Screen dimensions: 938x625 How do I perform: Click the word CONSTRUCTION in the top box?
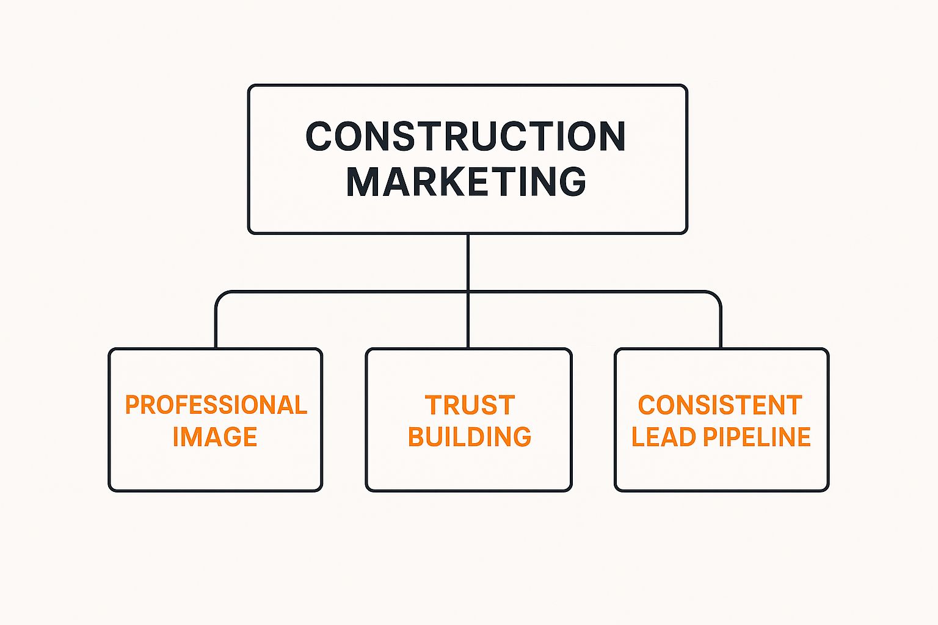pyautogui.click(x=465, y=136)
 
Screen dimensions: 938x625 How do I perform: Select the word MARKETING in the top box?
pyautogui.click(x=466, y=181)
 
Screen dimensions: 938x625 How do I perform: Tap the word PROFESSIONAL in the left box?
pyautogui.click(x=216, y=405)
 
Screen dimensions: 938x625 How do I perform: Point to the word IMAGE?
pyautogui.click(x=215, y=437)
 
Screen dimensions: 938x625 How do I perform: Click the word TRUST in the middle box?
pyautogui.click(x=470, y=405)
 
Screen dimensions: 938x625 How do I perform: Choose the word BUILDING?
pyautogui.click(x=469, y=437)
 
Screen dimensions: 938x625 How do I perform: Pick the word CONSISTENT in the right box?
pyautogui.click(x=720, y=405)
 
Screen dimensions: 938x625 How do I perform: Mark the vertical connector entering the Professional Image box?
pyautogui.click(x=216, y=327)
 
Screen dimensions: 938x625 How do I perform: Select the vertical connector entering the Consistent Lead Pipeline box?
pyautogui.click(x=721, y=327)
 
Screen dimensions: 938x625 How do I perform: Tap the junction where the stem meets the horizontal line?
pyautogui.click(x=468, y=292)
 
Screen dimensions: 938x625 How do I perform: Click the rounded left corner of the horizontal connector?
pyautogui.click(x=220, y=296)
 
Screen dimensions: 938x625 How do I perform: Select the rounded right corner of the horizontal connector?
pyautogui.click(x=716, y=296)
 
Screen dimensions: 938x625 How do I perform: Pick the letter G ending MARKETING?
pyautogui.click(x=572, y=181)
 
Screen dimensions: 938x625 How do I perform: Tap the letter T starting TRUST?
pyautogui.click(x=434, y=405)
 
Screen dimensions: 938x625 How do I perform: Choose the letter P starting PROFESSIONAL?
pyautogui.click(x=132, y=405)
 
